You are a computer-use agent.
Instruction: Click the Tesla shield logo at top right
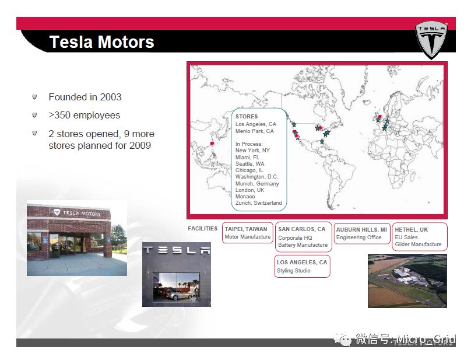click(431, 40)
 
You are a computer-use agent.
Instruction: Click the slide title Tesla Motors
click(101, 42)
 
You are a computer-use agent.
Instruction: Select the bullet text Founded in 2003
click(85, 97)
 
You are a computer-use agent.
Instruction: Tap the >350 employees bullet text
click(85, 115)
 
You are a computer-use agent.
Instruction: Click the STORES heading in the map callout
click(247, 116)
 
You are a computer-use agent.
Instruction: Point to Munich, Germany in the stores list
click(257, 183)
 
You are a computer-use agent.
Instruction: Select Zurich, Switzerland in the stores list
click(259, 203)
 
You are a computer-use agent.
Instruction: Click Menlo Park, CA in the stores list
click(255, 131)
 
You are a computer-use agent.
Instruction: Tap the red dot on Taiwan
click(212, 144)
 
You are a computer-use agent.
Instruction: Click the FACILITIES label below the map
click(202, 229)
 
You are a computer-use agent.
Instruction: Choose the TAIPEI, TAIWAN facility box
click(248, 232)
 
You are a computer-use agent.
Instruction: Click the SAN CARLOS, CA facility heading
click(301, 229)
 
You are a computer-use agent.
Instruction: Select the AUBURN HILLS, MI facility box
click(362, 233)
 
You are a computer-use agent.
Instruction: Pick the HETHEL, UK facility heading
click(411, 230)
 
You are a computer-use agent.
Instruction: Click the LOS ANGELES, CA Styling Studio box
click(302, 266)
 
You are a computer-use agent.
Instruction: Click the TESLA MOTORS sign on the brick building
click(77, 213)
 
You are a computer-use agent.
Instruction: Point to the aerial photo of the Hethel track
click(407, 281)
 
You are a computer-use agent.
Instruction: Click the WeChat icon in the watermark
click(342, 339)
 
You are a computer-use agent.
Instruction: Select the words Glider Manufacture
click(418, 244)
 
